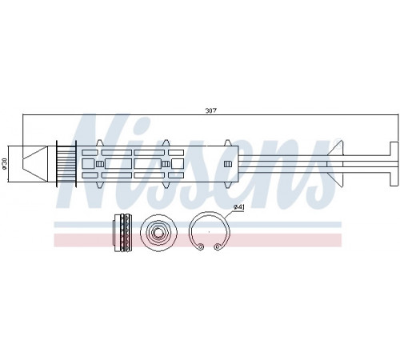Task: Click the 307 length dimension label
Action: click(210, 110)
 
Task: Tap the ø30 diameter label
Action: click(4, 164)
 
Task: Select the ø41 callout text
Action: click(239, 206)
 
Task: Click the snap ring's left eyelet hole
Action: click(201, 246)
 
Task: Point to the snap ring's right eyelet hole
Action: click(218, 246)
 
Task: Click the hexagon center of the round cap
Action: click(158, 232)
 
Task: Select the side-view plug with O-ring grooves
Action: click(122, 232)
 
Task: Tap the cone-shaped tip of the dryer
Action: click(34, 164)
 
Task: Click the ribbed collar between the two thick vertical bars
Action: click(66, 163)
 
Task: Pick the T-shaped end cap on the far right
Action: click(394, 164)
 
